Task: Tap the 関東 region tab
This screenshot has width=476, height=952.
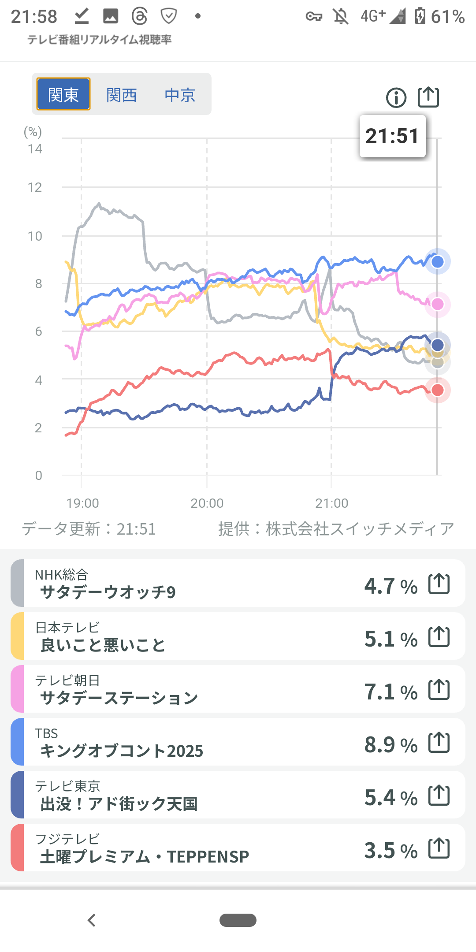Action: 63,94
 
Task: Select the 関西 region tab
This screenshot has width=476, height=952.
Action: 122,95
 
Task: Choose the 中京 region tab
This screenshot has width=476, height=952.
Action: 180,95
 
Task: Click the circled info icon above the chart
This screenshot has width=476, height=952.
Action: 396,97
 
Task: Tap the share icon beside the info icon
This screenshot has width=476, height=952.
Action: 428,97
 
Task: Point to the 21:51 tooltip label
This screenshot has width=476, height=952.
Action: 392,136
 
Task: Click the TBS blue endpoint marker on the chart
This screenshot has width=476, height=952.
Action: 437,262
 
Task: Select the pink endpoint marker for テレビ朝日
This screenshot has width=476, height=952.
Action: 437,304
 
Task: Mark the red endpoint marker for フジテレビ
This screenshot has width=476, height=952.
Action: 437,390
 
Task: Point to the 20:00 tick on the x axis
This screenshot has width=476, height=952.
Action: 207,503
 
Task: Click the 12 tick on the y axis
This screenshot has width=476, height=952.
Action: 35,188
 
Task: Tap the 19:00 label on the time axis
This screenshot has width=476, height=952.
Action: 82,503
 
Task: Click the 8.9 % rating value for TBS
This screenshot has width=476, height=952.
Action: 391,745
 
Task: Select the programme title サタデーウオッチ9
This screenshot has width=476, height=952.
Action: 108,592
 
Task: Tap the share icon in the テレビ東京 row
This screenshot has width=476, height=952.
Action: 439,796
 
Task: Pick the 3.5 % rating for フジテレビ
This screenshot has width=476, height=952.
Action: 391,851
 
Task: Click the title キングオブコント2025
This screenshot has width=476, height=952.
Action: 122,751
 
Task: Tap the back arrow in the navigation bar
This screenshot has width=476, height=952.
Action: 92,920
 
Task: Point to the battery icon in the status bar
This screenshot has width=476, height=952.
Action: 420,16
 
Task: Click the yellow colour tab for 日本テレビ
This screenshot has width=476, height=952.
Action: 17,636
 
